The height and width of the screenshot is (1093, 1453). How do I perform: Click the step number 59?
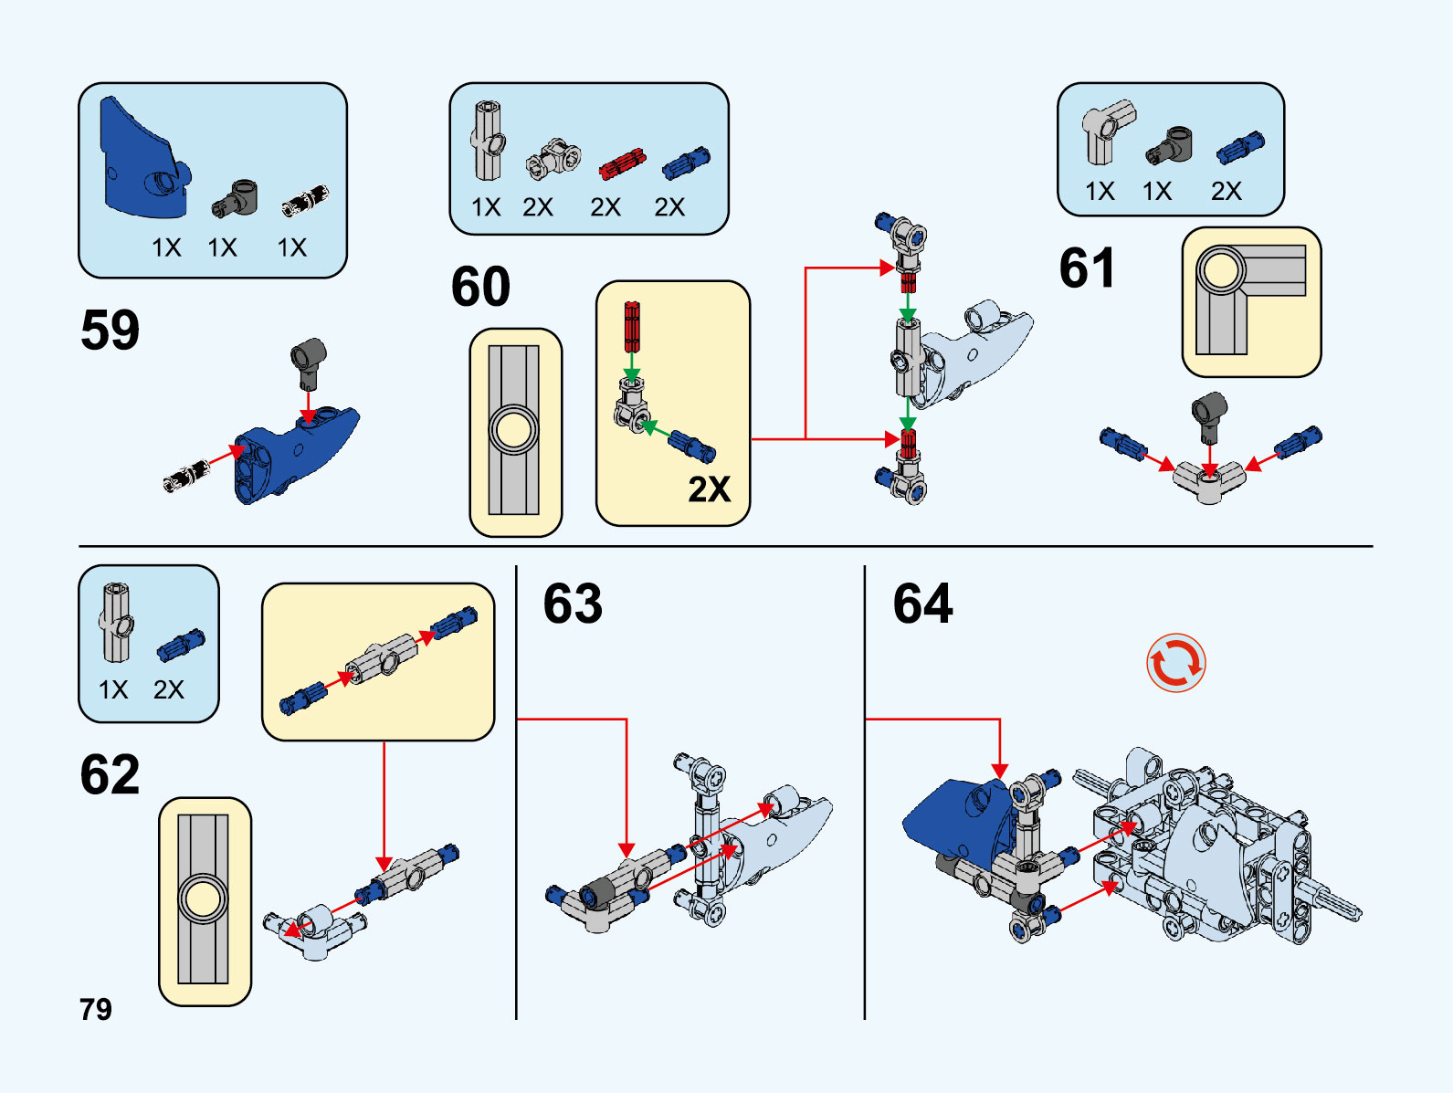click(x=110, y=330)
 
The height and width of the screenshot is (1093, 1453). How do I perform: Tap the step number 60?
click(x=480, y=287)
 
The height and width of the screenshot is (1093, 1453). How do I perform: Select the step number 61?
click(x=1087, y=268)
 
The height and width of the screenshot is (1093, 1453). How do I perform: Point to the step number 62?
click(x=110, y=774)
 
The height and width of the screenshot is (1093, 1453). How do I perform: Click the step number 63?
click(x=573, y=604)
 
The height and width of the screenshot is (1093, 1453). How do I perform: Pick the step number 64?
click(x=922, y=604)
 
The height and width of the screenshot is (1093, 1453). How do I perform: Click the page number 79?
click(x=96, y=1009)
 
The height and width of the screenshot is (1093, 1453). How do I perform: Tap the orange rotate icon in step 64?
click(x=1176, y=663)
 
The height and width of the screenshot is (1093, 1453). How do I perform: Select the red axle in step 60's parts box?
click(x=622, y=164)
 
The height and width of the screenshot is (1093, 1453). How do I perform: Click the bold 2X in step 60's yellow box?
click(x=709, y=489)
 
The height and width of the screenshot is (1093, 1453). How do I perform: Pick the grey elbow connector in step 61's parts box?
click(x=1107, y=131)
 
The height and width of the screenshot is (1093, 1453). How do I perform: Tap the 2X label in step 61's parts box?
click(x=1226, y=191)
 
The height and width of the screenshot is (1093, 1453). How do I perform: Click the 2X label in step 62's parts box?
click(x=169, y=689)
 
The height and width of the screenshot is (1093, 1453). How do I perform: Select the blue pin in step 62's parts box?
click(x=180, y=645)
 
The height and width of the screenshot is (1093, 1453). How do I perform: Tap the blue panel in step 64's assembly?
click(x=954, y=813)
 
